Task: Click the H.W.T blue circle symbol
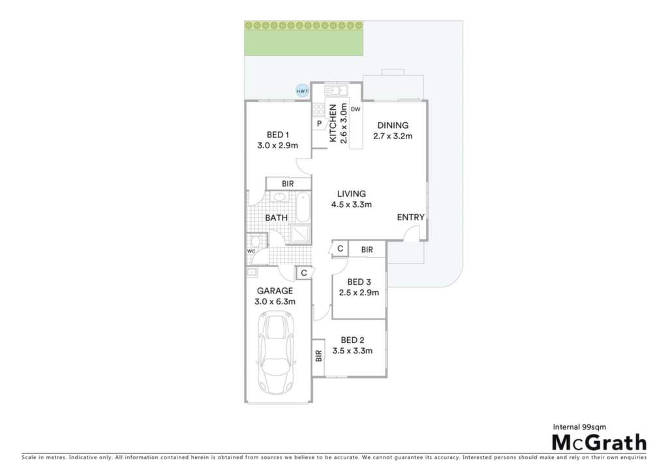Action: pyautogui.click(x=303, y=91)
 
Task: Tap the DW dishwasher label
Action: pyautogui.click(x=356, y=109)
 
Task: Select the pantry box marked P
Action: pyautogui.click(x=319, y=123)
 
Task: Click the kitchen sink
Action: pyautogui.click(x=337, y=90)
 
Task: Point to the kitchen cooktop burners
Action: pyautogui.click(x=318, y=110)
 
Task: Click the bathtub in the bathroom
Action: pyautogui.click(x=303, y=207)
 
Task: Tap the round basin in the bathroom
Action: pyautogui.click(x=279, y=197)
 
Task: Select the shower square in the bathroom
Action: pyautogui.click(x=300, y=234)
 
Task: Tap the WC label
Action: pyautogui.click(x=251, y=252)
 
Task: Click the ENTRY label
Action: pyautogui.click(x=411, y=217)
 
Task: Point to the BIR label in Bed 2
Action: pyautogui.click(x=318, y=356)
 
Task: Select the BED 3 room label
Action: pyautogui.click(x=359, y=282)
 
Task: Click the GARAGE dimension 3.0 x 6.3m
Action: pyautogui.click(x=275, y=302)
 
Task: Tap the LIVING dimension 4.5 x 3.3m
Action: pyautogui.click(x=352, y=204)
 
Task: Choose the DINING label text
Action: pyautogui.click(x=393, y=125)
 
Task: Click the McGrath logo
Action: pyautogui.click(x=600, y=442)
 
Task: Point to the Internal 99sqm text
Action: pyautogui.click(x=579, y=427)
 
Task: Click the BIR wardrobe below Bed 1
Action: pyautogui.click(x=288, y=184)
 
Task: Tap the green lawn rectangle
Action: pyautogui.click(x=304, y=39)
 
